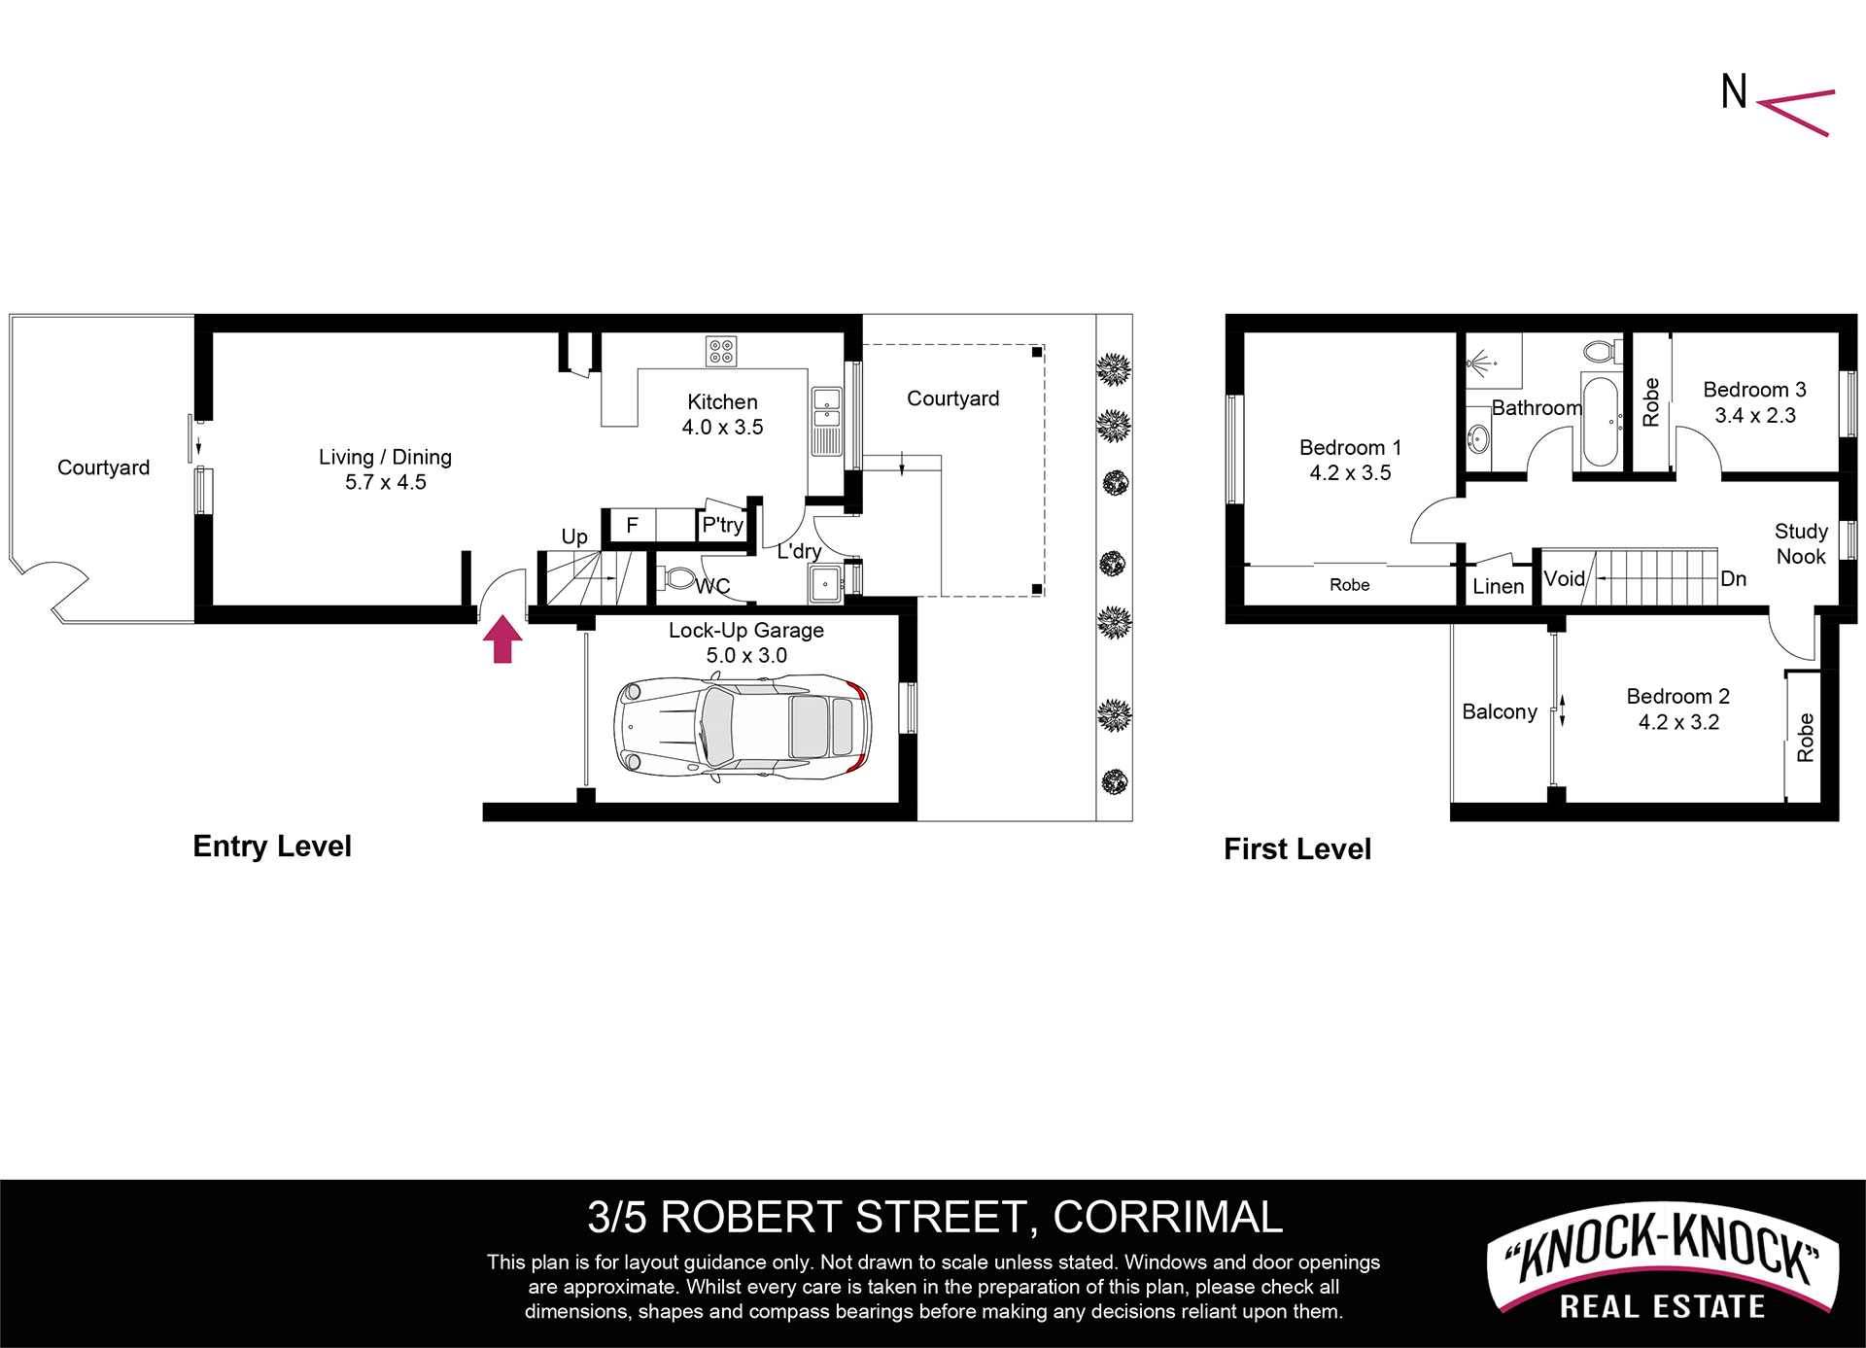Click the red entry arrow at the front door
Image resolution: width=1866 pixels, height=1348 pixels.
(x=502, y=639)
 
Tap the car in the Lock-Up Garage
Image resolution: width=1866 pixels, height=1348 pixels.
(x=743, y=727)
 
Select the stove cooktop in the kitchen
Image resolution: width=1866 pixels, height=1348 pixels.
(x=721, y=351)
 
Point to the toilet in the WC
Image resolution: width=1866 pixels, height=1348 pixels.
(x=680, y=579)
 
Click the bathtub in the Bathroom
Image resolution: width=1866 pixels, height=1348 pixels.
(x=1600, y=422)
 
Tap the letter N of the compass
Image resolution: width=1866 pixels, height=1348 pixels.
(x=1734, y=91)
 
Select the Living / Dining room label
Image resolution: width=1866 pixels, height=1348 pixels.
(x=386, y=469)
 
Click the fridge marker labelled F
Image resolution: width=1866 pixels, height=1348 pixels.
(x=632, y=526)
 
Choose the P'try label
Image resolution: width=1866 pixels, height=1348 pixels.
(x=723, y=526)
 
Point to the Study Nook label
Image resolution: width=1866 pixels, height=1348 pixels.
(x=1801, y=543)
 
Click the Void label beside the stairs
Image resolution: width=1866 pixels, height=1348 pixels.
(x=1564, y=579)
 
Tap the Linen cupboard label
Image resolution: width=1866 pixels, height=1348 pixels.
(x=1498, y=586)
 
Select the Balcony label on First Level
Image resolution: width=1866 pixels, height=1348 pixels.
(x=1500, y=711)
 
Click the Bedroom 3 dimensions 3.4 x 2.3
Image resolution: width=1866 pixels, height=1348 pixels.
(x=1755, y=415)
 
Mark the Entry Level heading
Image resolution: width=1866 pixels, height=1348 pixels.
(x=272, y=847)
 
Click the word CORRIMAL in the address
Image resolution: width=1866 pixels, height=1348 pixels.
(x=1167, y=1217)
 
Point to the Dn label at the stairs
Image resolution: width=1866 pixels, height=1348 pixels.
(x=1733, y=579)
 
